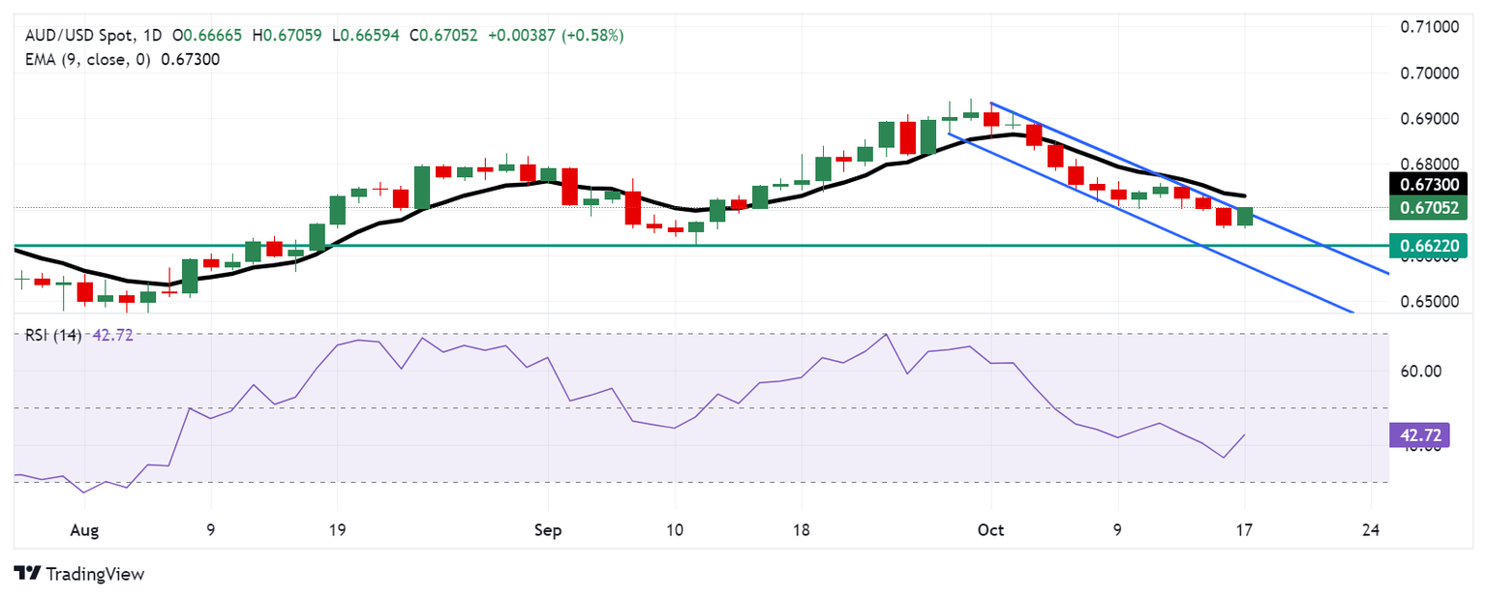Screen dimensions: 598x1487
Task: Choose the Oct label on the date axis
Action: click(991, 530)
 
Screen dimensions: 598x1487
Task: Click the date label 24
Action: click(1372, 530)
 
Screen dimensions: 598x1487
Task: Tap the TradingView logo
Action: click(79, 574)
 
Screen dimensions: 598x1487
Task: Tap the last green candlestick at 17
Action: click(1245, 217)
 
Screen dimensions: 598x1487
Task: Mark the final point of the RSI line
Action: click(1245, 434)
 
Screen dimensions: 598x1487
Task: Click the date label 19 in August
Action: click(337, 530)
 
